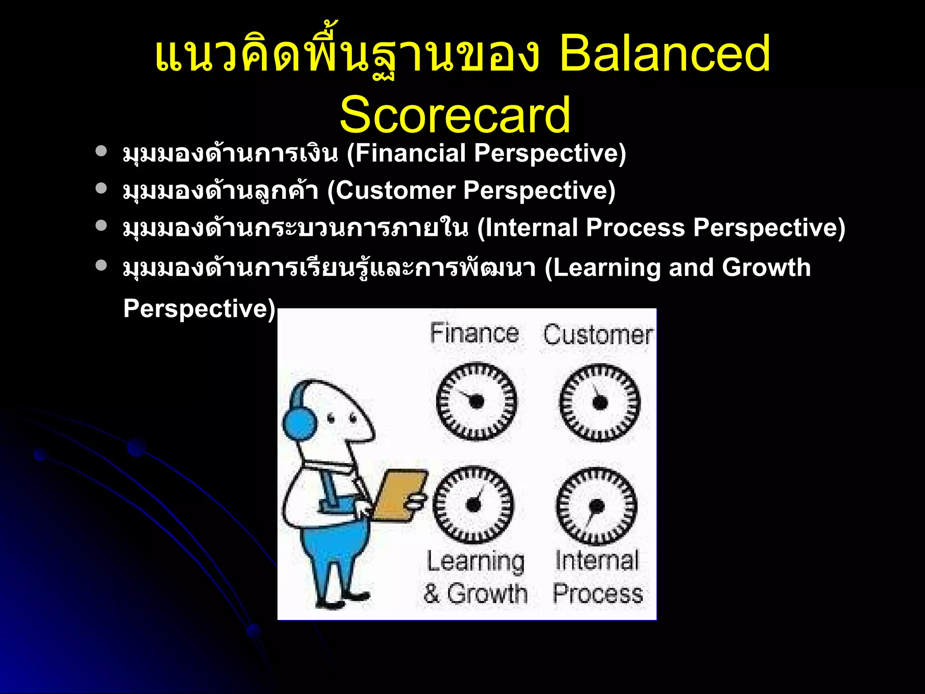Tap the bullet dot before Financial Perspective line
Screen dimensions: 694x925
point(101,151)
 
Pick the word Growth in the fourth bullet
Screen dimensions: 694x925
point(766,267)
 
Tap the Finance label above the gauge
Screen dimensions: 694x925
point(474,333)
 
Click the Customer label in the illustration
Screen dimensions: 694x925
point(598,335)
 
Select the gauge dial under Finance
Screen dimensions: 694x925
point(477,401)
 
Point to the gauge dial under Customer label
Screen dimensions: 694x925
point(600,402)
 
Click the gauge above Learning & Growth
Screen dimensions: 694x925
point(473,504)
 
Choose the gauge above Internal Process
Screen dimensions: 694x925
point(596,506)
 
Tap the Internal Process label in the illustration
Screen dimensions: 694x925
point(597,577)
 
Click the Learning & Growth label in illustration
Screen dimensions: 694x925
point(476,577)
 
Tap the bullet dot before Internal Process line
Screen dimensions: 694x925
point(101,225)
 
